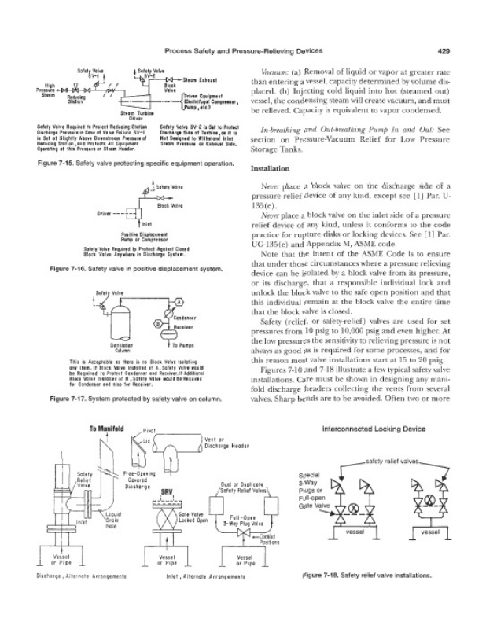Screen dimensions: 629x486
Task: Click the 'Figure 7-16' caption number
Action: (x=68, y=269)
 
